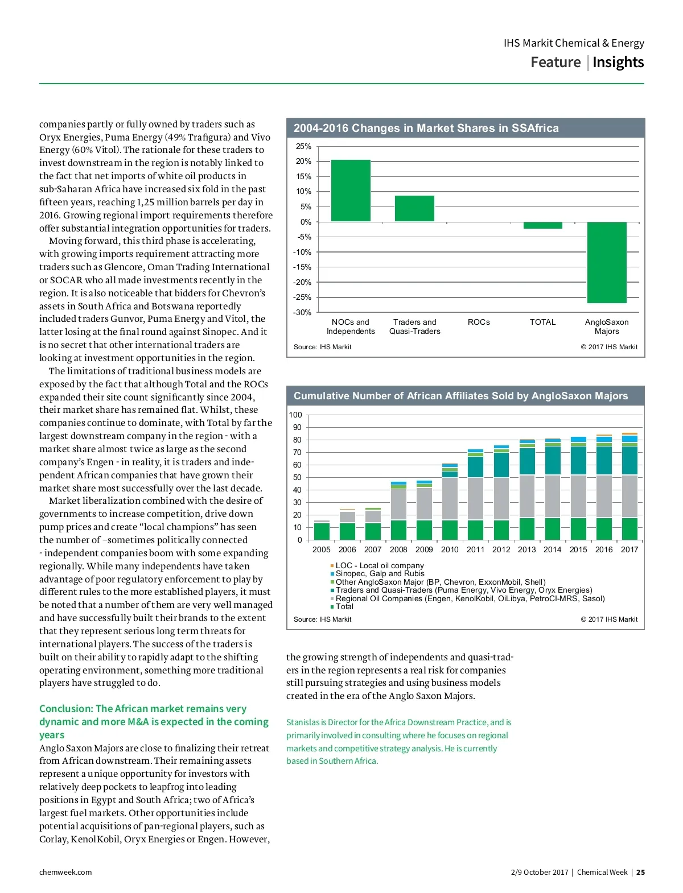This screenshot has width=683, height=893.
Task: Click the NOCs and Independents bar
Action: pyautogui.click(x=351, y=191)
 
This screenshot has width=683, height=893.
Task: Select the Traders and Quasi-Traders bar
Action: pyautogui.click(x=414, y=208)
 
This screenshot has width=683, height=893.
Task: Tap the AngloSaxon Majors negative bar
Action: pyautogui.click(x=607, y=262)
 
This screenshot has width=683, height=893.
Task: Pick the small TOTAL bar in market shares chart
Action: pyautogui.click(x=542, y=225)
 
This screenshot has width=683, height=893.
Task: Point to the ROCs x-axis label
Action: pyautogui.click(x=479, y=322)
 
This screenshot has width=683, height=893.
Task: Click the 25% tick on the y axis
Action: pyautogui.click(x=303, y=146)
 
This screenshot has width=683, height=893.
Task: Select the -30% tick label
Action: pyautogui.click(x=302, y=312)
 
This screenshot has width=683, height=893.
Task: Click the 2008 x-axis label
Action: pyautogui.click(x=398, y=549)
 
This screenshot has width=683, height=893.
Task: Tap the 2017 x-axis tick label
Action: pyautogui.click(x=629, y=549)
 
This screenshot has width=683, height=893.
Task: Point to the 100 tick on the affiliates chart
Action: pyautogui.click(x=295, y=415)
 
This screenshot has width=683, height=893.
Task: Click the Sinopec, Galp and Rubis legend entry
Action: pyautogui.click(x=380, y=573)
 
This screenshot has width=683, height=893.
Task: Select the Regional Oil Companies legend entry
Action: pyautogui.click(x=470, y=598)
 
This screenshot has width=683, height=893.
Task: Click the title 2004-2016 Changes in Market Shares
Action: pyautogui.click(x=426, y=128)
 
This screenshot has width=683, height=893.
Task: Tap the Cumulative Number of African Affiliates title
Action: pyautogui.click(x=460, y=396)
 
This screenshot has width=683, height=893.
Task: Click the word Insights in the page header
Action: pyautogui.click(x=618, y=62)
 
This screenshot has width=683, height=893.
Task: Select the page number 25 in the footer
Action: pyautogui.click(x=640, y=872)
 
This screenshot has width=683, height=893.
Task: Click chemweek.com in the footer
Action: pyautogui.click(x=65, y=872)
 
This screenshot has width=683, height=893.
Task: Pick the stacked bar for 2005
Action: pyautogui.click(x=322, y=531)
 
